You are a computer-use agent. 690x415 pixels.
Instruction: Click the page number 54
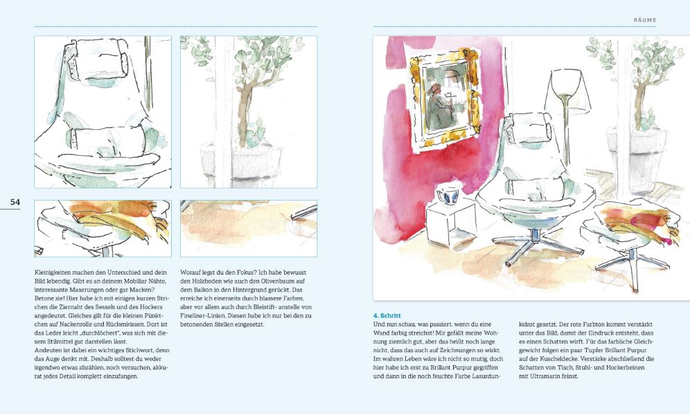click(15, 202)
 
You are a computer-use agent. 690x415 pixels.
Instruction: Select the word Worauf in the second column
click(192, 273)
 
